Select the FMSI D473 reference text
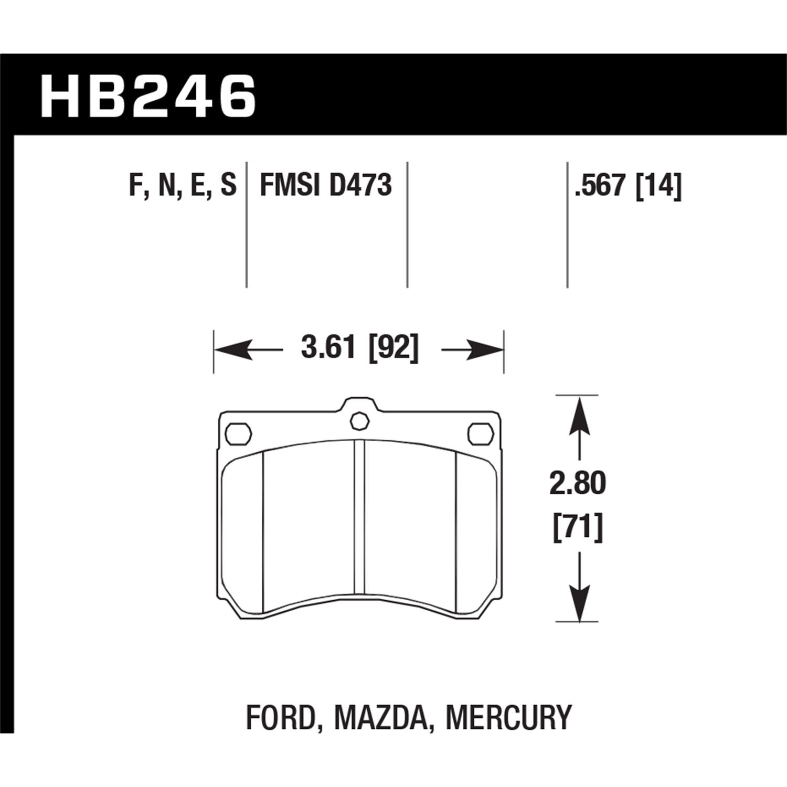[x=326, y=186]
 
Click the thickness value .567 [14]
[x=628, y=186]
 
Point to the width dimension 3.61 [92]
[x=359, y=348]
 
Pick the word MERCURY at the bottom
[x=508, y=717]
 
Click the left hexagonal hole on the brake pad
[x=238, y=433]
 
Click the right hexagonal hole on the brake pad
[x=480, y=433]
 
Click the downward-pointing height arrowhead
[x=579, y=603]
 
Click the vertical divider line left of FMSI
[x=247, y=226]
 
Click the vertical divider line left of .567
[x=567, y=226]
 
